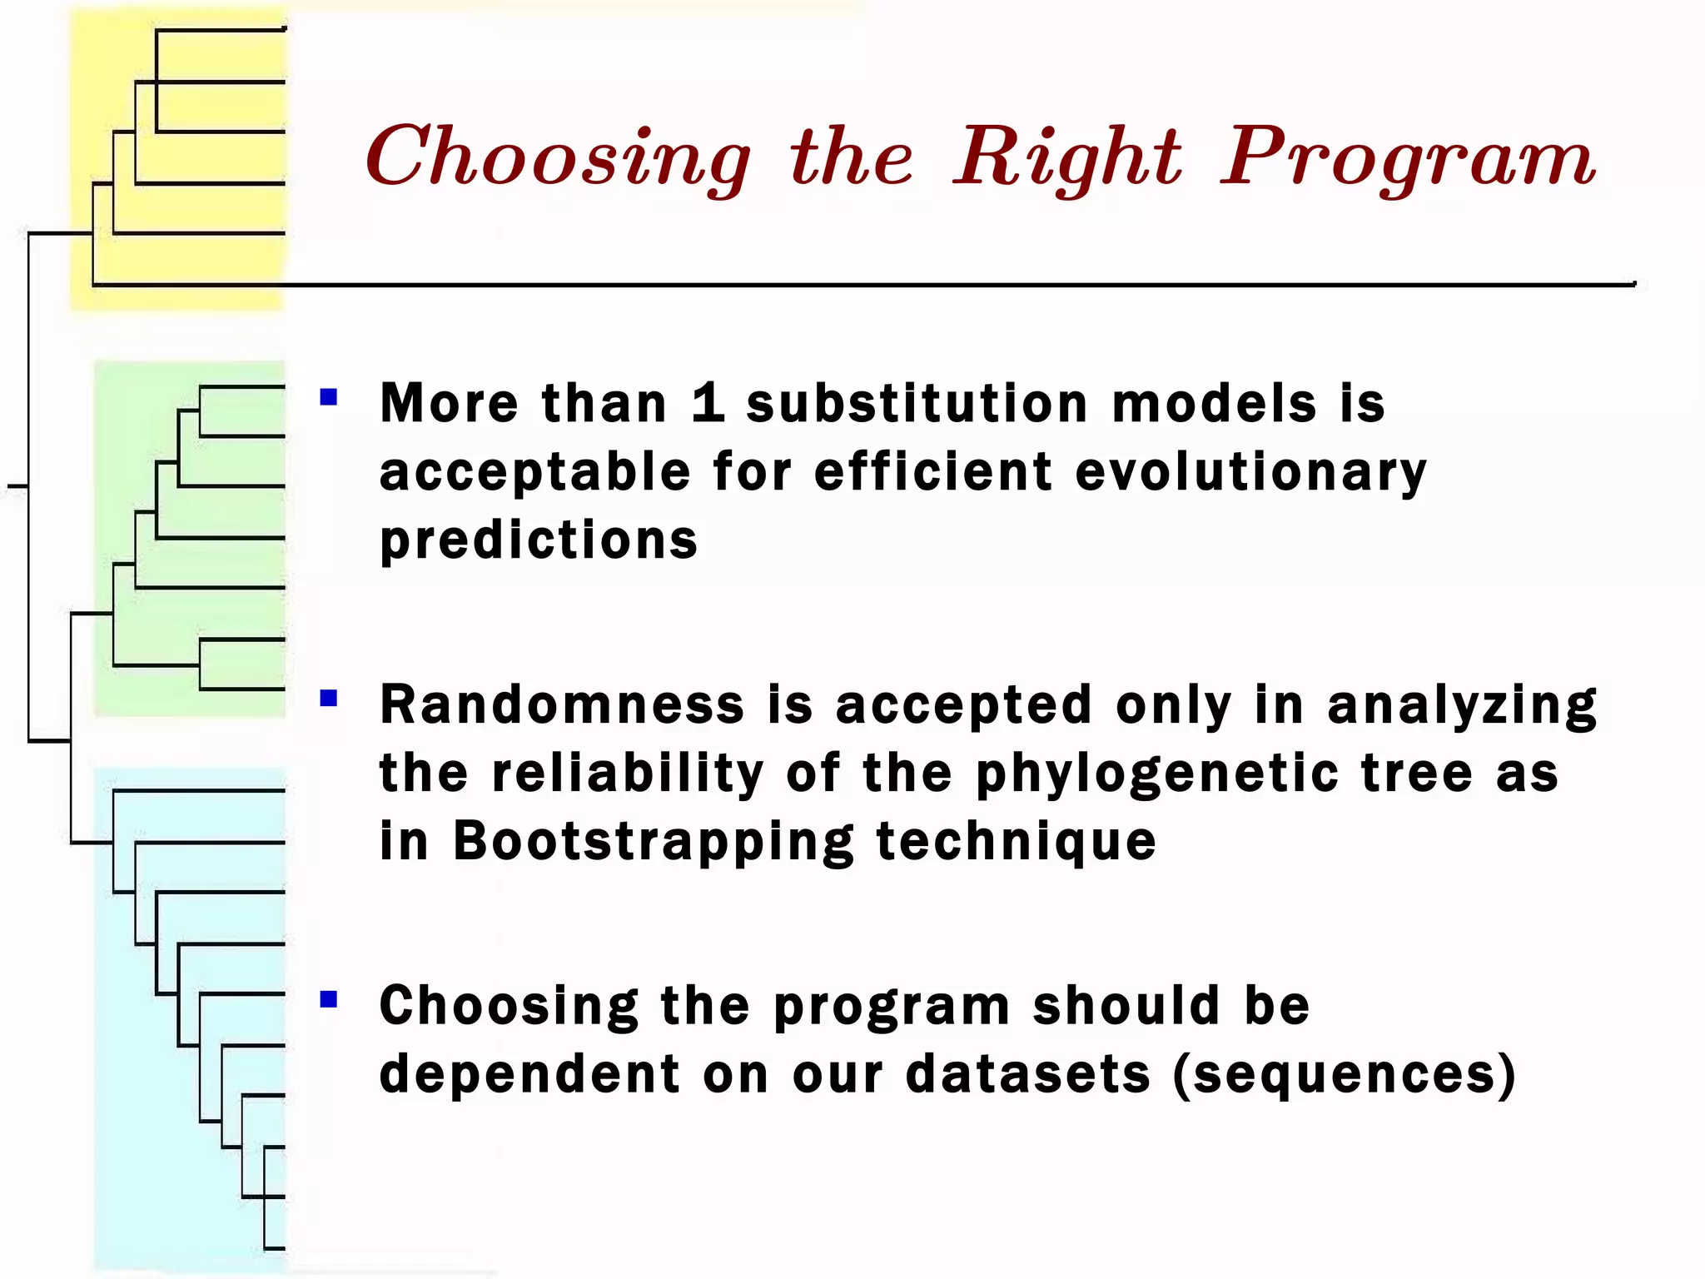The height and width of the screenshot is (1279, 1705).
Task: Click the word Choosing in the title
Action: click(x=558, y=158)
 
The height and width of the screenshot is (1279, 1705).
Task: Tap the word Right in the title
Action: click(x=1068, y=158)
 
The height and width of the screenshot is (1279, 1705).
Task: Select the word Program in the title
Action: click(x=1408, y=158)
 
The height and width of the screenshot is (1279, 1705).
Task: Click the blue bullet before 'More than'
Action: click(x=329, y=397)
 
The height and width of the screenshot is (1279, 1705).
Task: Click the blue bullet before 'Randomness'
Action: click(x=329, y=698)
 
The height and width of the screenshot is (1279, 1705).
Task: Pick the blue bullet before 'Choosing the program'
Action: click(x=329, y=998)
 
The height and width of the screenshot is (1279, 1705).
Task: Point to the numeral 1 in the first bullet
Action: click(x=708, y=403)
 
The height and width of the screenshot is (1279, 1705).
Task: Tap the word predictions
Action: click(x=539, y=540)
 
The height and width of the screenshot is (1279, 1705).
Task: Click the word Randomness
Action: click(x=562, y=704)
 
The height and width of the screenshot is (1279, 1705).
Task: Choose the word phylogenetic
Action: click(x=1157, y=774)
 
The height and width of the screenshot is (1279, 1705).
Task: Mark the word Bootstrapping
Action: click(x=654, y=841)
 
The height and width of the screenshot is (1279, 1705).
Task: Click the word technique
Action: click(x=1017, y=841)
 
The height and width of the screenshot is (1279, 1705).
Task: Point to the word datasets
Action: click(x=1028, y=1074)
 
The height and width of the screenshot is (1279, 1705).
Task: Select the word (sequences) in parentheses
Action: click(x=1345, y=1074)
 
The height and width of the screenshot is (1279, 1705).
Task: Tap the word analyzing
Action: click(x=1462, y=705)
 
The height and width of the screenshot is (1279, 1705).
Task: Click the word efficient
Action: click(x=933, y=472)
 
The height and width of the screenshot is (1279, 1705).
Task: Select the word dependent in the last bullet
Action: click(x=530, y=1074)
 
